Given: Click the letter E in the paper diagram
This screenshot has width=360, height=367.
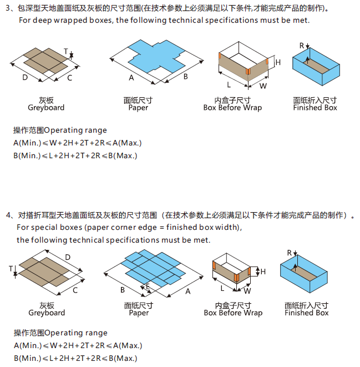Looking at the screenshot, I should (147, 285).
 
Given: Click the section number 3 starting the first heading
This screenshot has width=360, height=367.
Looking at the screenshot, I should (8, 9).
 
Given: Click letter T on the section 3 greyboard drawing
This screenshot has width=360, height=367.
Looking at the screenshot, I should (65, 52).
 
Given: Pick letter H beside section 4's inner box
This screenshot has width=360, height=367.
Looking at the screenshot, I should (263, 272).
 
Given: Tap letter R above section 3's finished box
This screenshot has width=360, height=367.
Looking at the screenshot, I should (302, 45).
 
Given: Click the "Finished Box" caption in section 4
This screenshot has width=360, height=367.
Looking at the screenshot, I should (306, 313).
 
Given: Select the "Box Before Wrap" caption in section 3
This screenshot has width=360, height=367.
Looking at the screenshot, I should (232, 108).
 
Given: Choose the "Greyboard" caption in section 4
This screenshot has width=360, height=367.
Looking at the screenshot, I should (47, 313).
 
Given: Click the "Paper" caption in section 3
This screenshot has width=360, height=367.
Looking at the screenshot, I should (138, 108).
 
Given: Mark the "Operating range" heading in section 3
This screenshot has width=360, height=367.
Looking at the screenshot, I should (60, 130).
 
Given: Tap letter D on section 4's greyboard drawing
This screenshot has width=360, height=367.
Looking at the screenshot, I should (68, 257).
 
